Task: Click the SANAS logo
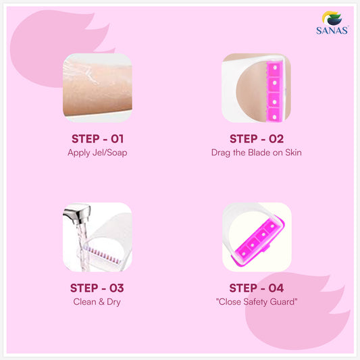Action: pyautogui.click(x=331, y=22)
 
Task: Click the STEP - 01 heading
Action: pyautogui.click(x=97, y=139)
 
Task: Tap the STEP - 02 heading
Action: pyautogui.click(x=256, y=139)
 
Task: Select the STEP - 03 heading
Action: pyautogui.click(x=97, y=288)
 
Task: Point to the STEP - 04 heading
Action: pyautogui.click(x=256, y=288)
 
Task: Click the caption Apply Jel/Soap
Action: pyautogui.click(x=97, y=153)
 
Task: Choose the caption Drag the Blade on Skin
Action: pyautogui.click(x=256, y=153)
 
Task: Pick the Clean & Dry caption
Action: pyautogui.click(x=97, y=302)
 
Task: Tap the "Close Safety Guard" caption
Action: pyautogui.click(x=256, y=302)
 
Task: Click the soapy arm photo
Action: pyautogui.click(x=97, y=88)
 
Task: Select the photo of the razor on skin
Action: pyautogui.click(x=256, y=88)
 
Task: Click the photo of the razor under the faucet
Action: pyautogui.click(x=97, y=237)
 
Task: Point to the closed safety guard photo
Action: pyautogui.click(x=256, y=237)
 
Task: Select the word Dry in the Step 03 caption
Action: pyautogui.click(x=113, y=302)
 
